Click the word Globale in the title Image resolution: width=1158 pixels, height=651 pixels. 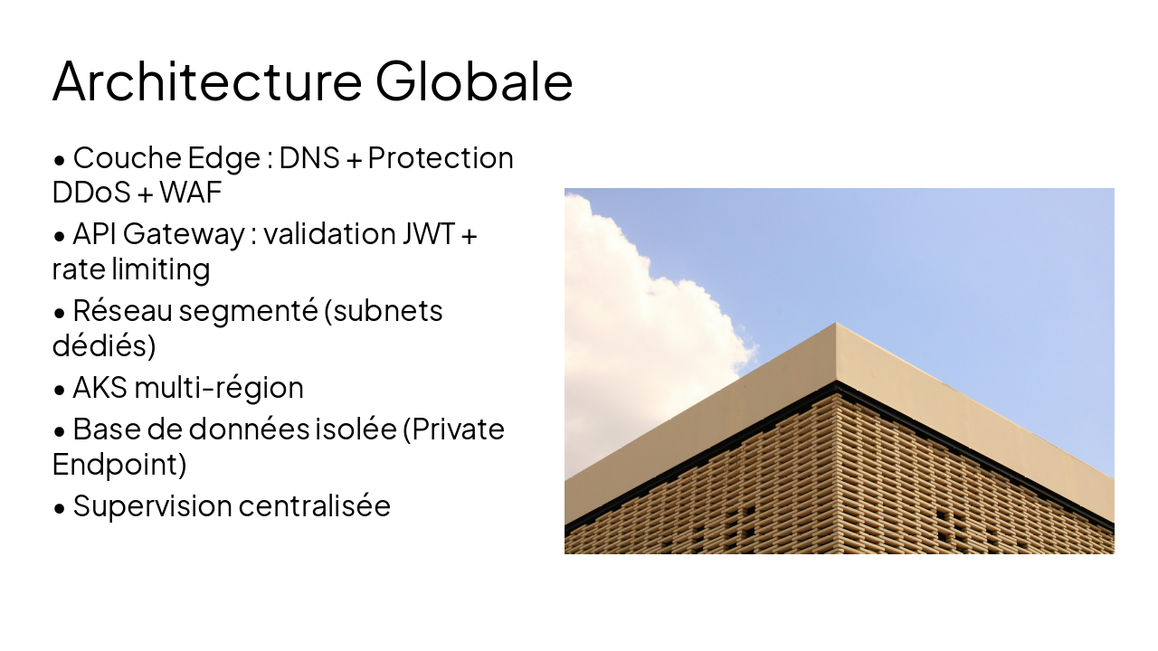coord(474,80)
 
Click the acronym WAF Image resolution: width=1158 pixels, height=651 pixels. coord(190,193)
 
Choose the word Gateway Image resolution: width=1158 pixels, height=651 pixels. coord(184,234)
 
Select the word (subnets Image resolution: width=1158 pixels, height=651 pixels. coord(383,311)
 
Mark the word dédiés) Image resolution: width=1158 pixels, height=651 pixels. coord(103,346)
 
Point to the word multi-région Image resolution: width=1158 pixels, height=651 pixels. coord(218,388)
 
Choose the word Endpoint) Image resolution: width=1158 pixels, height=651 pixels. coord(119,464)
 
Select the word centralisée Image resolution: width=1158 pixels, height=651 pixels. coord(314,505)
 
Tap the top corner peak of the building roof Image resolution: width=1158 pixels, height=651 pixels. coord(836,324)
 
